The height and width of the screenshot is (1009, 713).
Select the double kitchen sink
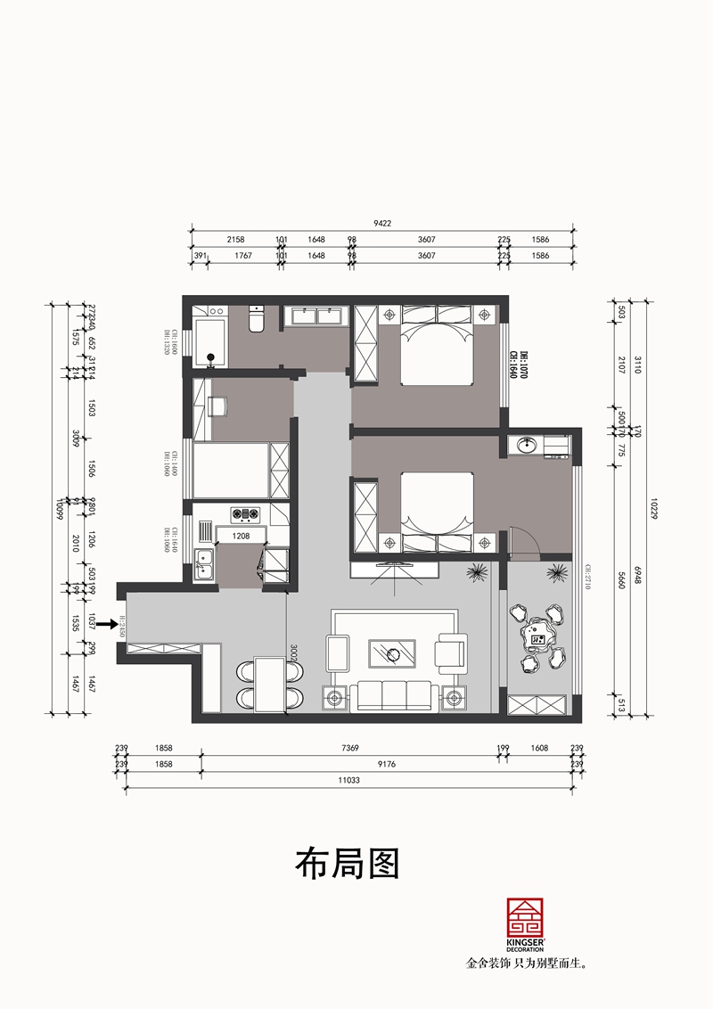[205, 564]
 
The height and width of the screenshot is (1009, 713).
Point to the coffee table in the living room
[393, 652]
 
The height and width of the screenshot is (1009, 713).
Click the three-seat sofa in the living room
[393, 693]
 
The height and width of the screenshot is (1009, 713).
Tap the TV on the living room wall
[393, 564]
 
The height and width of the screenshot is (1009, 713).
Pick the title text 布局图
[347, 862]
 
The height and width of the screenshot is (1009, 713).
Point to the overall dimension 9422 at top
[383, 224]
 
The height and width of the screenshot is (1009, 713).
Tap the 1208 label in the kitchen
[240, 537]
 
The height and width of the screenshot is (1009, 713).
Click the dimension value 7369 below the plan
[349, 750]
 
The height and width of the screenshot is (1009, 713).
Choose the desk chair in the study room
[218, 406]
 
